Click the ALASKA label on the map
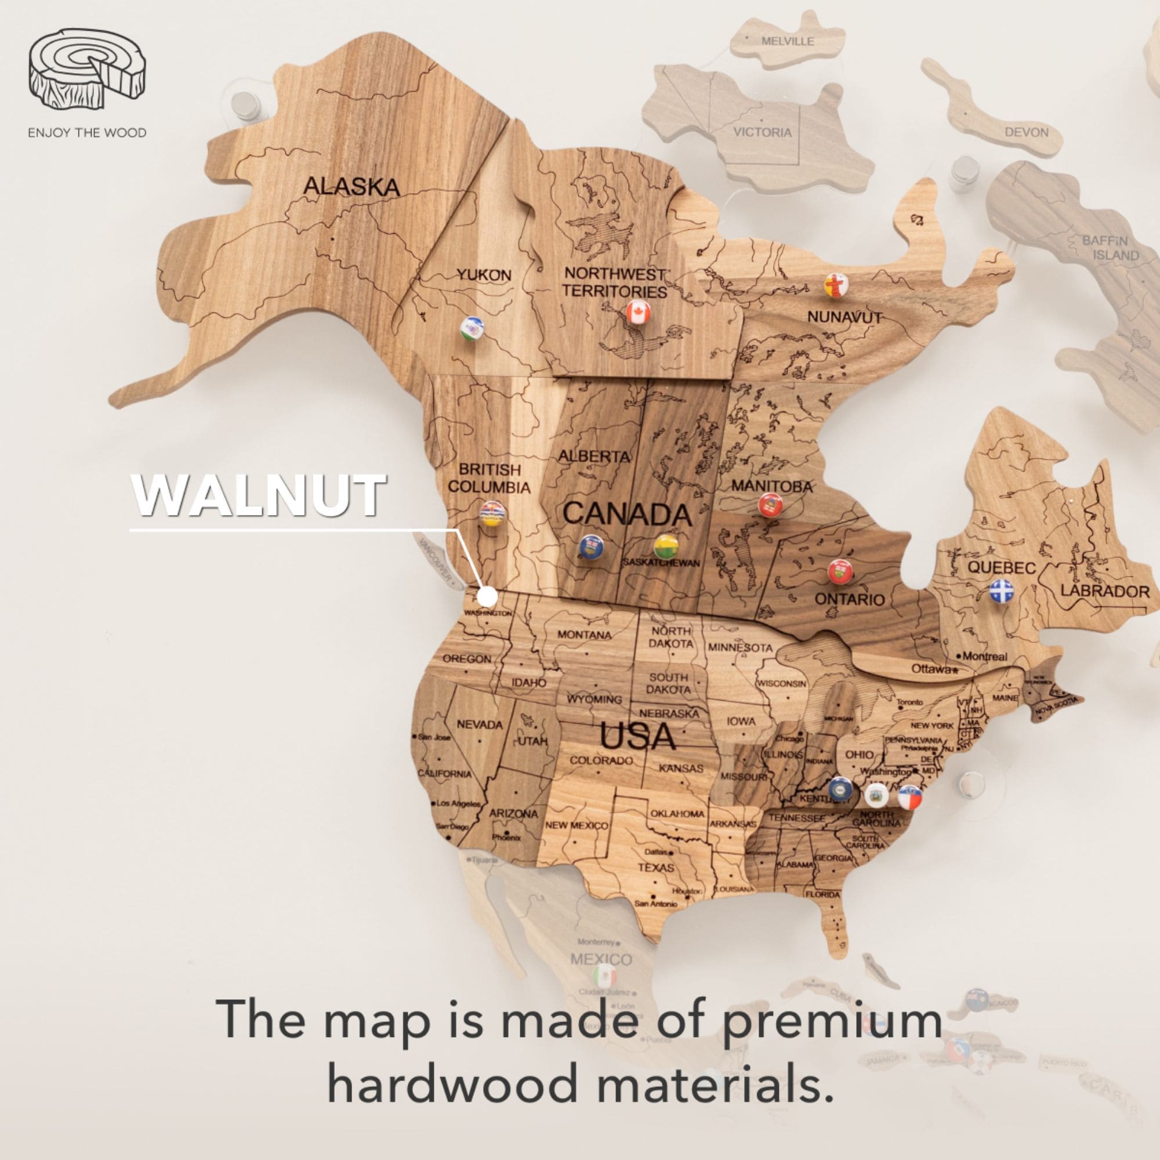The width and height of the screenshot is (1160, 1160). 351,186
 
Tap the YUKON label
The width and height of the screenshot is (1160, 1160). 484,275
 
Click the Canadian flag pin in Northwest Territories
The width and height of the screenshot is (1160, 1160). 638,312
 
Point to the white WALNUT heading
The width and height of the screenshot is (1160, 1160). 258,495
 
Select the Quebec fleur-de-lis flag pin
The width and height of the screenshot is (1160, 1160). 1001,590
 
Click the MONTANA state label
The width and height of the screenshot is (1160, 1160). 584,635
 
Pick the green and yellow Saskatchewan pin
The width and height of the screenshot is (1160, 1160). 666,545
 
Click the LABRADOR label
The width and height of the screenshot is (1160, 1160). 1104,591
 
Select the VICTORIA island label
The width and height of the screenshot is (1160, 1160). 763,132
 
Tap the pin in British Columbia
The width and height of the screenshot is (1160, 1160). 492,513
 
